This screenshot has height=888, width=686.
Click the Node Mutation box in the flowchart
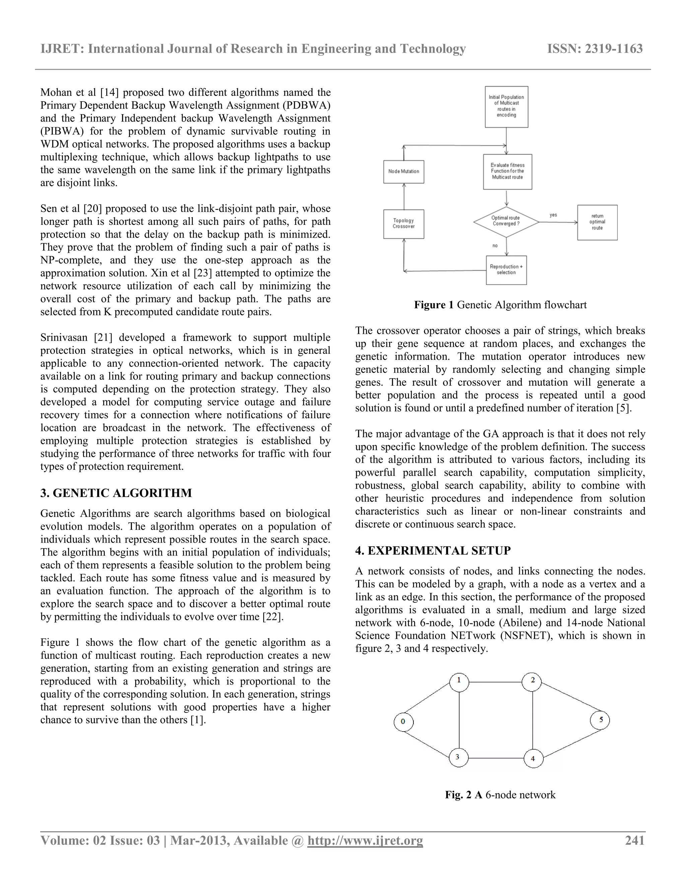point(404,172)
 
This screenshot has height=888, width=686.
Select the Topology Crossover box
point(404,224)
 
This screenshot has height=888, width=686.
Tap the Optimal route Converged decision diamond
point(506,221)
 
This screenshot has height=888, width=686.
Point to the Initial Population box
point(506,107)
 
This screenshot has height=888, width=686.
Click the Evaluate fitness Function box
point(507,172)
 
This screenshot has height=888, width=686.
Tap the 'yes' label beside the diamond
point(553,215)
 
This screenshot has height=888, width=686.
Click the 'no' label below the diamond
point(495,246)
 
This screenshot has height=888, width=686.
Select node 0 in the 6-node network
point(404,722)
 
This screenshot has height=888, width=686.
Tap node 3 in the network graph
point(459,757)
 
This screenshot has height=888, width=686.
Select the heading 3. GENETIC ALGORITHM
point(116,493)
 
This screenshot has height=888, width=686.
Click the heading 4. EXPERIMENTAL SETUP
point(433,551)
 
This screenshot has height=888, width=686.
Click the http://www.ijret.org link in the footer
point(365,840)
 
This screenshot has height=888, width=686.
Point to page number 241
point(634,840)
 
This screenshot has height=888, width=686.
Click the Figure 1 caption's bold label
point(433,305)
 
